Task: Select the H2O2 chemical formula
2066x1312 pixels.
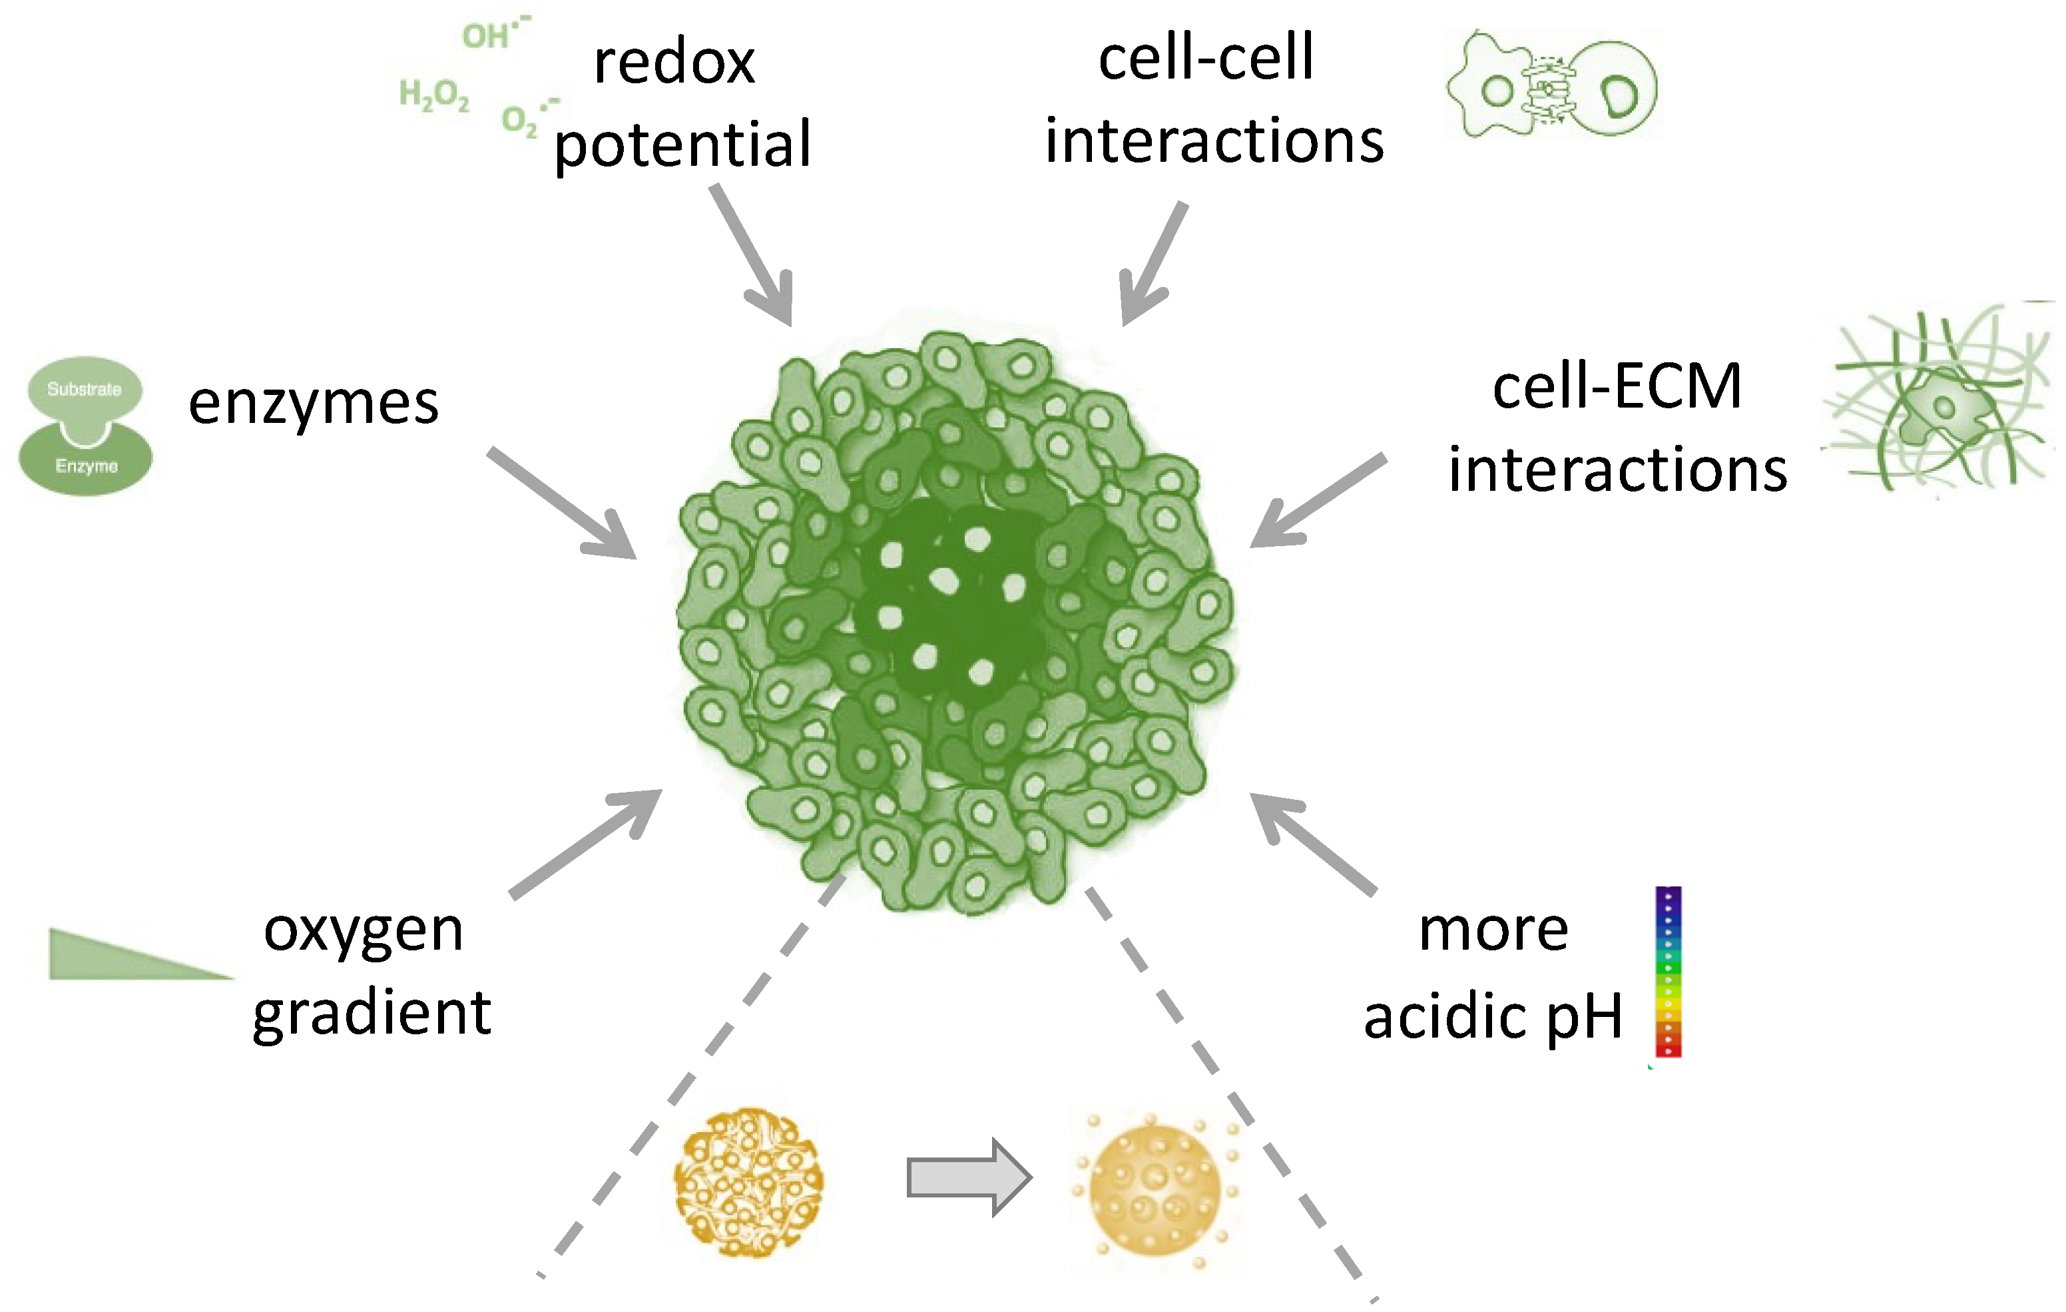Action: [x=434, y=95]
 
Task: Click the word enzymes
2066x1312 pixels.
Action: [x=313, y=404]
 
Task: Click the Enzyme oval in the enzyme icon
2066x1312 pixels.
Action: [x=86, y=464]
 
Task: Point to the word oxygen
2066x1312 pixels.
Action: [x=363, y=930]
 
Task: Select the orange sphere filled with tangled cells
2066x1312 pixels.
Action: [x=748, y=1182]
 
